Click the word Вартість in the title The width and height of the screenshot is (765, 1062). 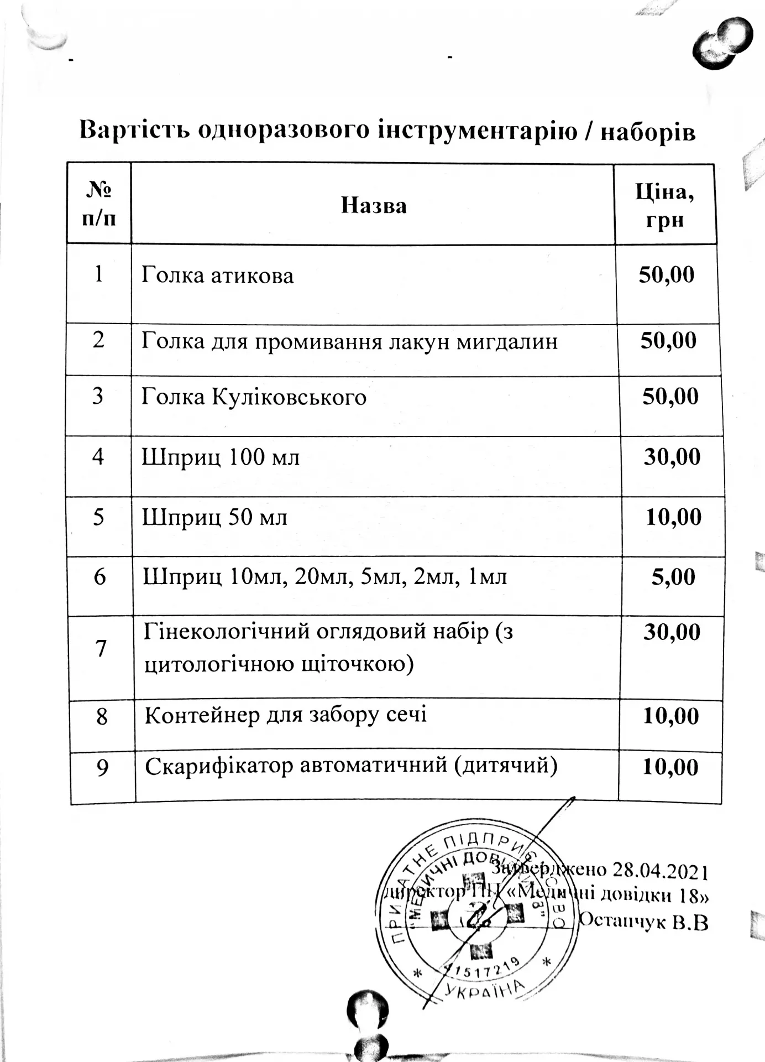coord(134,129)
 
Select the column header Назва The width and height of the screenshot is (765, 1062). coord(374,206)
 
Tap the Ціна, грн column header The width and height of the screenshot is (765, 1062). coord(665,206)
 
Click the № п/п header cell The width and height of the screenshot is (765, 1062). coord(99,204)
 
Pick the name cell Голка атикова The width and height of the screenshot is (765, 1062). coord(218,275)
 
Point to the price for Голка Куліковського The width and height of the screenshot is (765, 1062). coord(670,397)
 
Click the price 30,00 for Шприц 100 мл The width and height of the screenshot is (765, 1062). coord(672,457)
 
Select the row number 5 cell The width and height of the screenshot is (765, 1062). coord(98,517)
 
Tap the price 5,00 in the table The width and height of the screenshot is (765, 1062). coord(673,577)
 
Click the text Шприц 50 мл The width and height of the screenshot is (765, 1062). coord(215,518)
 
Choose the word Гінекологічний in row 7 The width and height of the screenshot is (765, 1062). coord(224,631)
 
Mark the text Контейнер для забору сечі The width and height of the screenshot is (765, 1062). coord(286,715)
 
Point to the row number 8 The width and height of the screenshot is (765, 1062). coord(102,717)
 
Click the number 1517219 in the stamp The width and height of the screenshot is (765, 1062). coord(481,967)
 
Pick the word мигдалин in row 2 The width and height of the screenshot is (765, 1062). coord(507,342)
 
